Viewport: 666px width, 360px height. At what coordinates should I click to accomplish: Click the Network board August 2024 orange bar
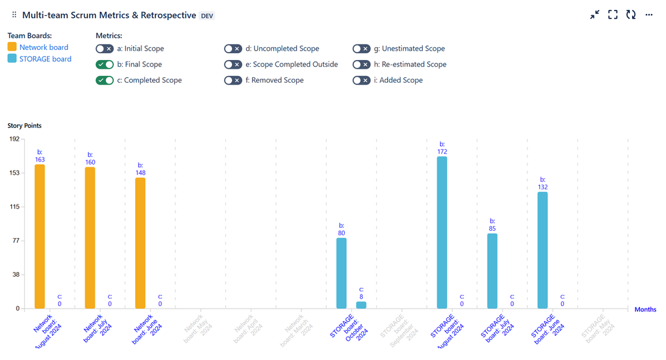point(40,236)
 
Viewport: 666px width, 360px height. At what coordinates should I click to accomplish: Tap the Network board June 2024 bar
point(140,243)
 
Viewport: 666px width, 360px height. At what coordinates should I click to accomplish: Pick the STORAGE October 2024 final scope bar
point(341,273)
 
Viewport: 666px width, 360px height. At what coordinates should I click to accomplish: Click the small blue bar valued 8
point(361,305)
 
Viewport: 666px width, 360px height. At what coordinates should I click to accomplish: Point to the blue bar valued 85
point(492,271)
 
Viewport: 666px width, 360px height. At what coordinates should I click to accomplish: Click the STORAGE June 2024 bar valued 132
point(543,250)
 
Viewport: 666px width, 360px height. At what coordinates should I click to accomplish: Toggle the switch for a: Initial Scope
point(105,49)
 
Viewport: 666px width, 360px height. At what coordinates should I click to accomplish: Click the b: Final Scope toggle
point(105,65)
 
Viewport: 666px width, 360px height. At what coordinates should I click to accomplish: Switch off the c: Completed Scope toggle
point(105,81)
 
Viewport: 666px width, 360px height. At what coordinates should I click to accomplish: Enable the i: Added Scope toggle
point(361,81)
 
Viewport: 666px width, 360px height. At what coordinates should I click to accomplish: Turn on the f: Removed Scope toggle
point(233,81)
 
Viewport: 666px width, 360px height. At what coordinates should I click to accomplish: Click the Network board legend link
point(43,47)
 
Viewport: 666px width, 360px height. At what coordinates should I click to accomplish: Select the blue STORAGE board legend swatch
point(12,59)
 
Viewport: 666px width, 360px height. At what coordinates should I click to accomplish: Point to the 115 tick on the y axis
point(13,207)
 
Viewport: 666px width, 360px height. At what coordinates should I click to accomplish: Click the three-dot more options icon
point(649,15)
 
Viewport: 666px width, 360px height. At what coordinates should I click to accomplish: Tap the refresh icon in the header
point(631,15)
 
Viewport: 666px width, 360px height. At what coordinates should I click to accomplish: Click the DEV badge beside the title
point(207,15)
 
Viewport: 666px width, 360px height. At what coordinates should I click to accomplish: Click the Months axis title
point(645,309)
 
